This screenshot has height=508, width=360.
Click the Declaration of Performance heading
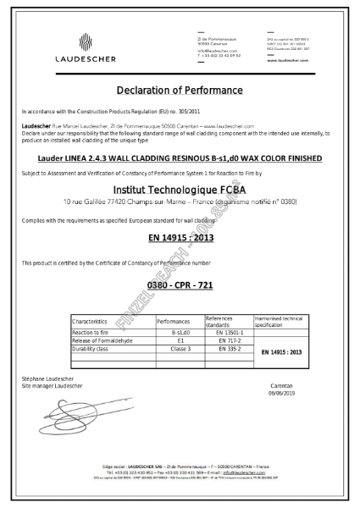(180, 90)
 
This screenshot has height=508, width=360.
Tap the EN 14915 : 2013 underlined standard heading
(180, 239)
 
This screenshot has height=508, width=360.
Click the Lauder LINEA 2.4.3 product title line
(180, 157)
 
